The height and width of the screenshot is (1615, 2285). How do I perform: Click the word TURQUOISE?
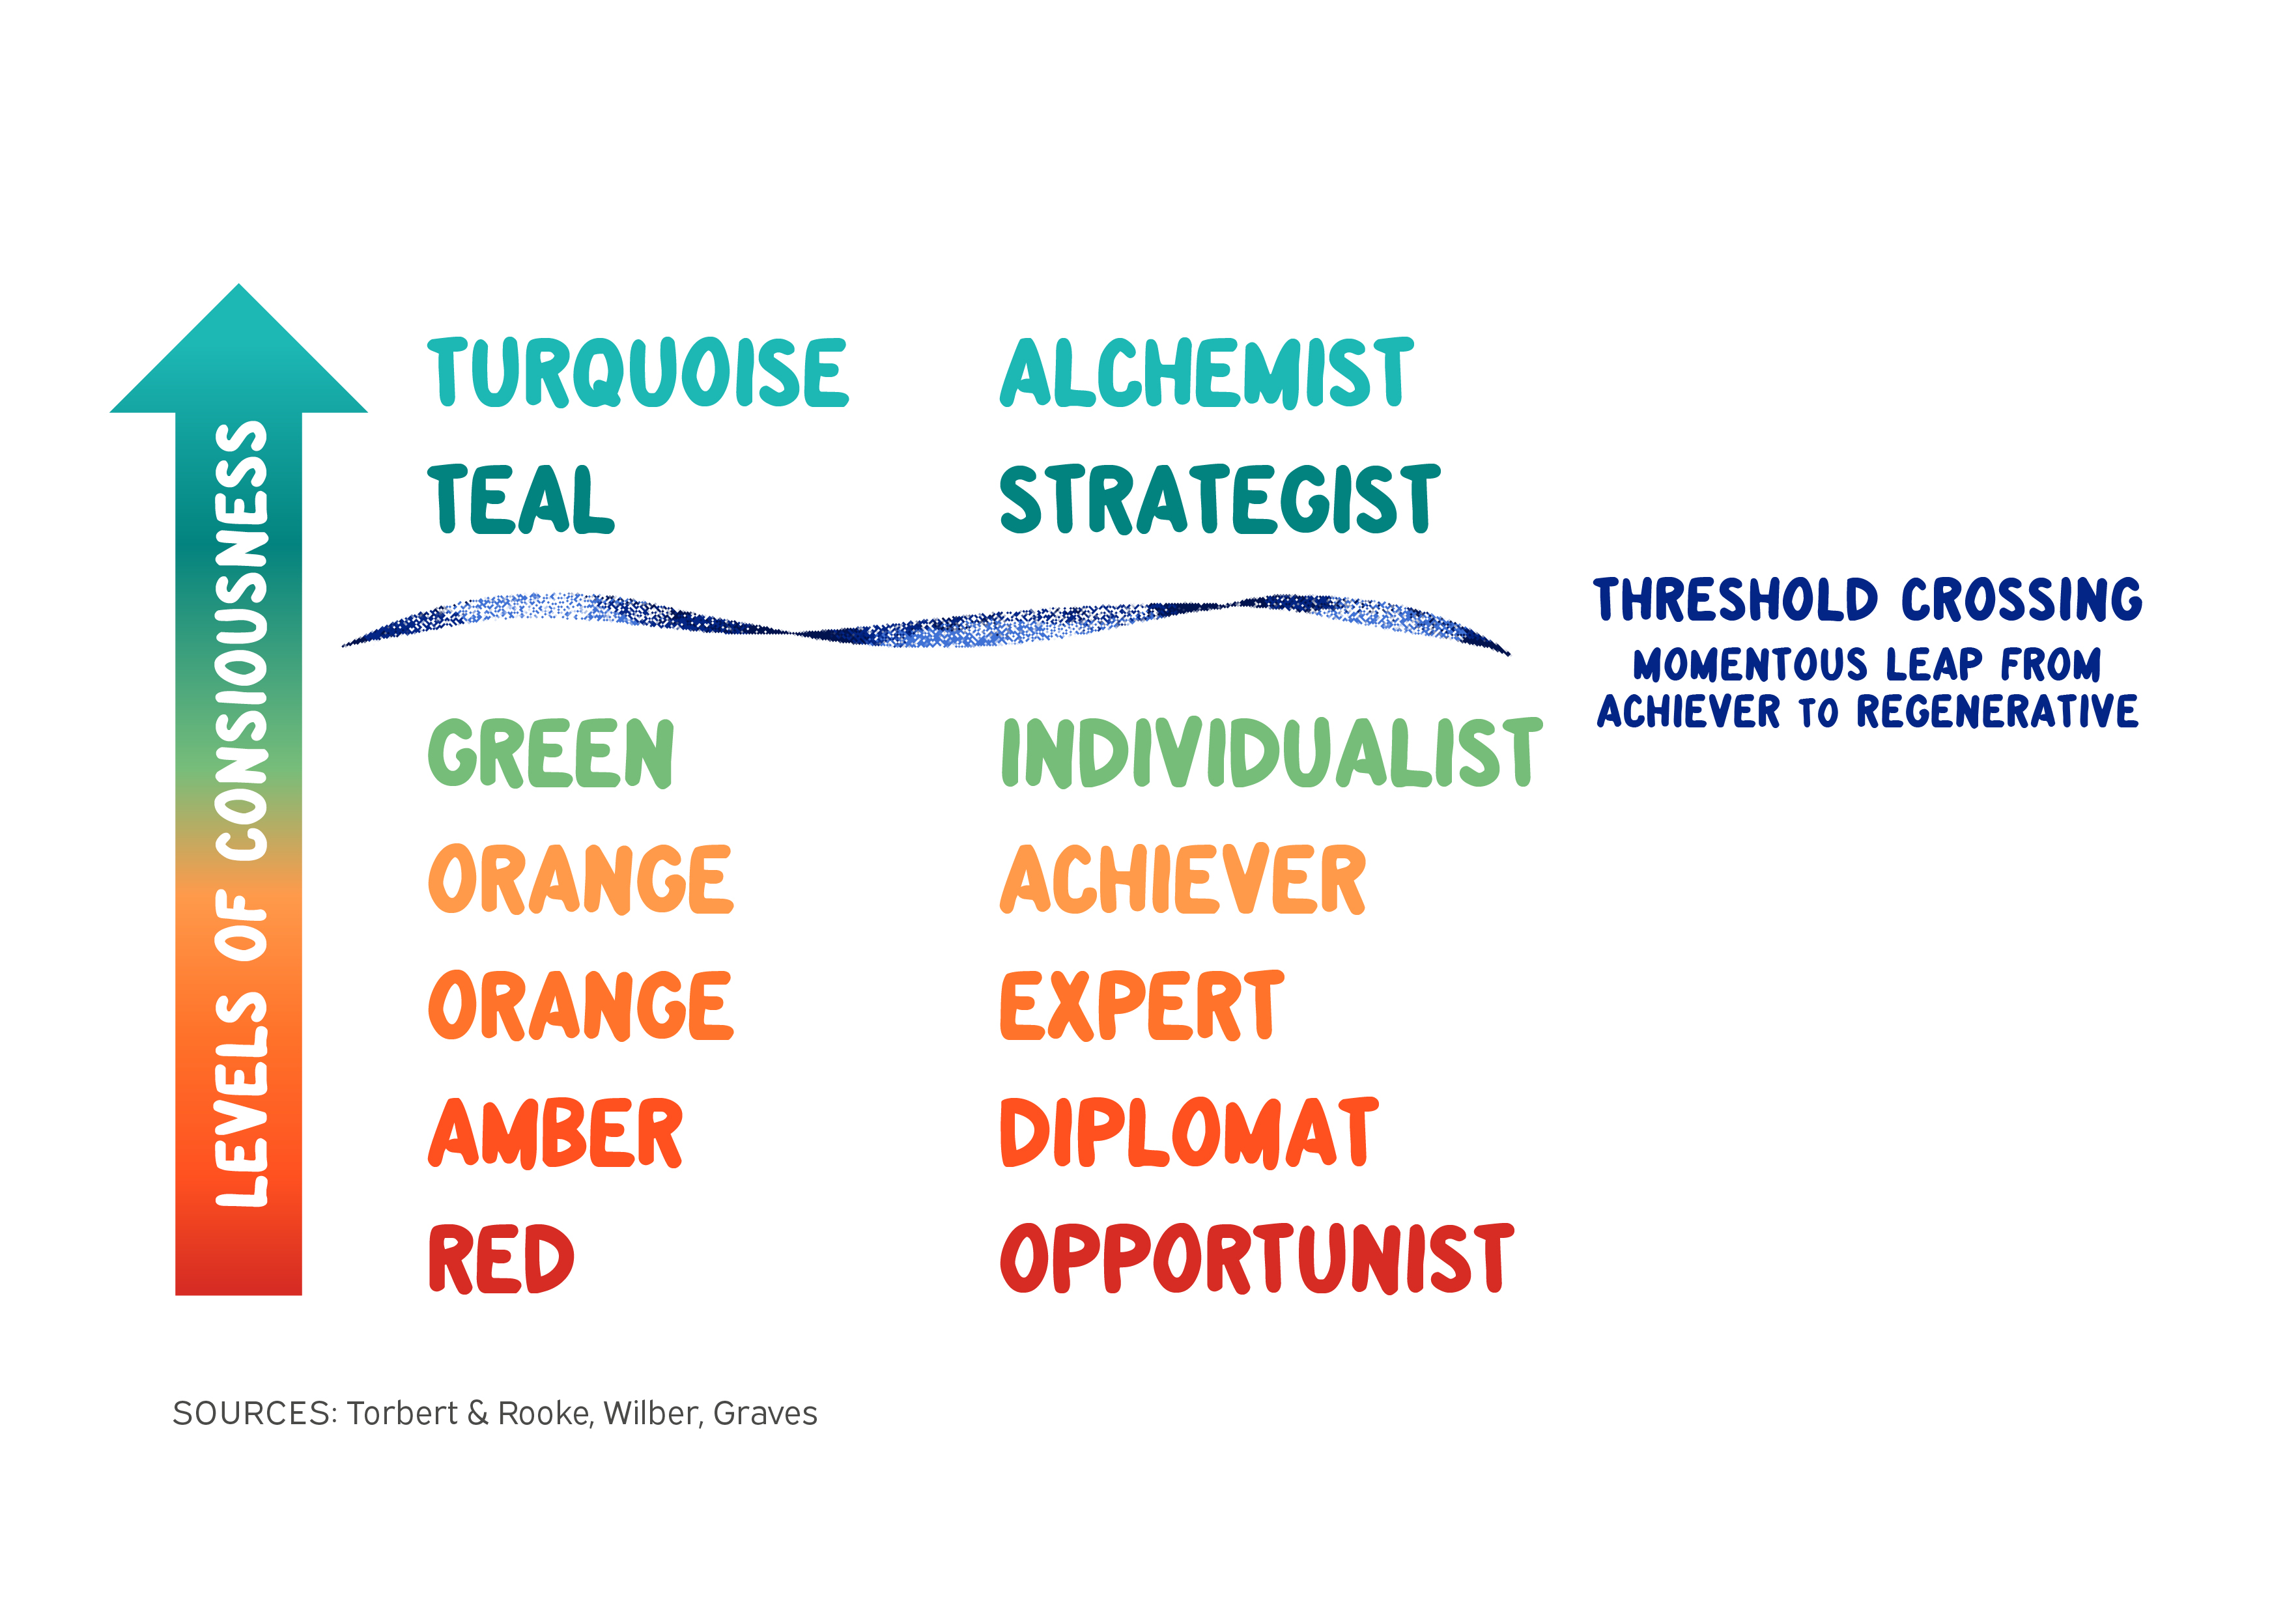click(638, 372)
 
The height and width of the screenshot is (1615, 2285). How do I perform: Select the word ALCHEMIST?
click(1206, 372)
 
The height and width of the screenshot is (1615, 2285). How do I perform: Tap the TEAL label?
click(520, 499)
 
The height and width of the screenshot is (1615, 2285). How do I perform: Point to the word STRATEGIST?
click(1219, 499)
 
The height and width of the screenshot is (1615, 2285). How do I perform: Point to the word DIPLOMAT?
click(1189, 1132)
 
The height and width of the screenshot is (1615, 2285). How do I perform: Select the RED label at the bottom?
click(501, 1259)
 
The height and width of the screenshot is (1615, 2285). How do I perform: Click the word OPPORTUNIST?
click(1256, 1259)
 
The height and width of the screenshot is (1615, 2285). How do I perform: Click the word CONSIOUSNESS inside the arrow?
click(242, 642)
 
